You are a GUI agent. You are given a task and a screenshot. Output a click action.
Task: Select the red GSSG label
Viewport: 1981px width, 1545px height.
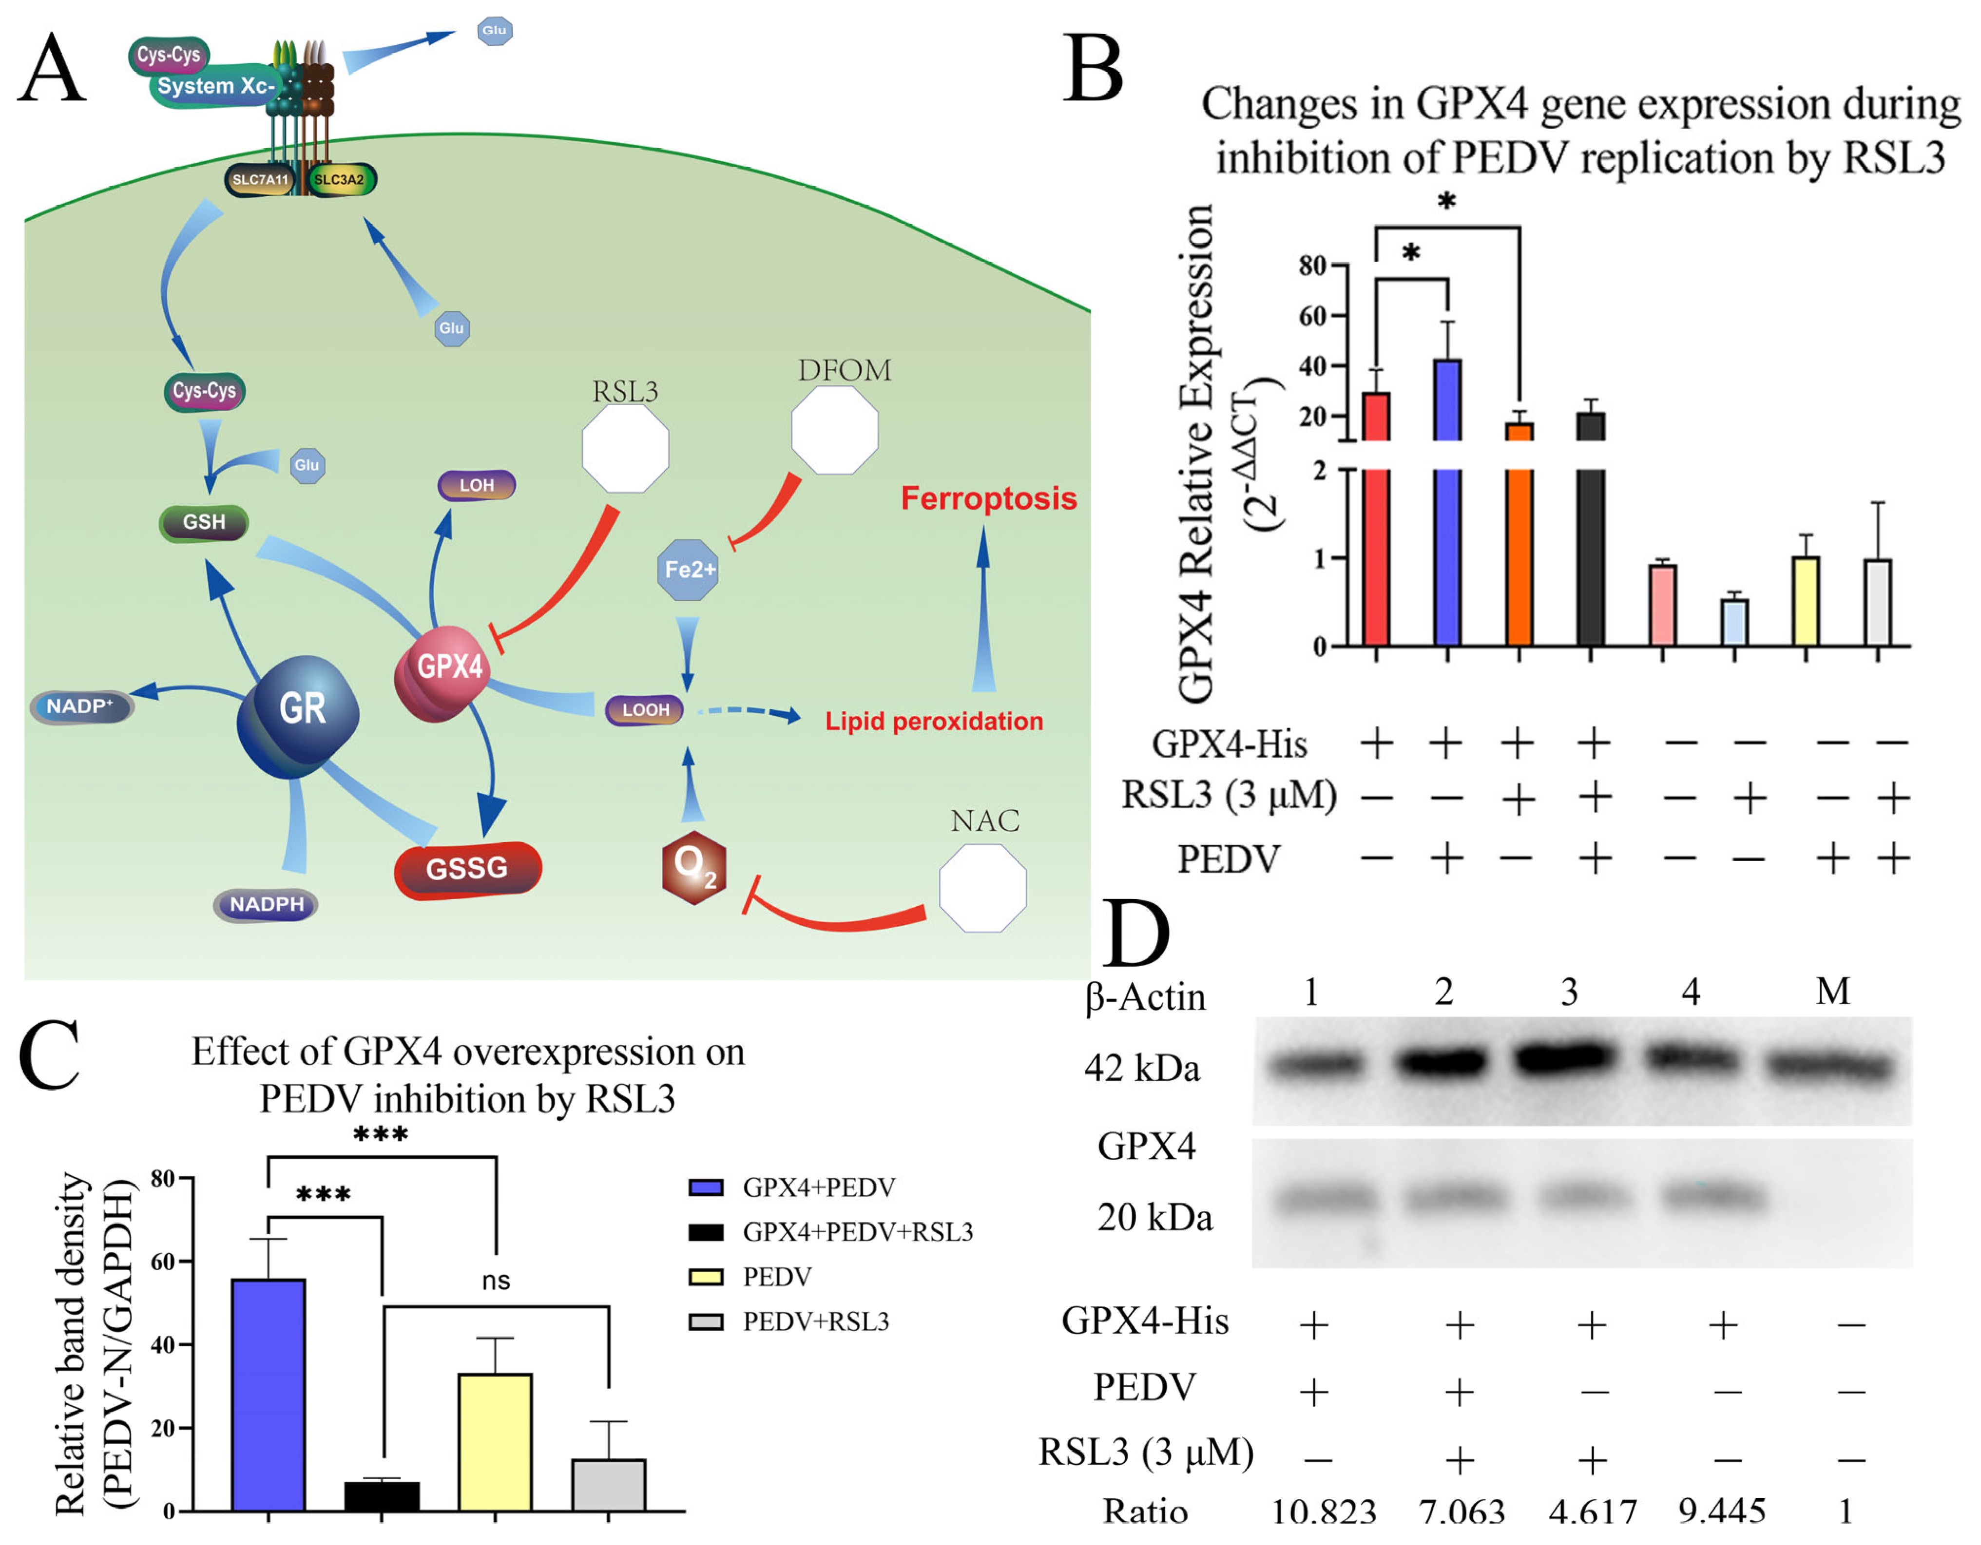[468, 869]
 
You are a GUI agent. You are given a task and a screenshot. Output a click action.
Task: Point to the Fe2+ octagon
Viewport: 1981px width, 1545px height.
[688, 570]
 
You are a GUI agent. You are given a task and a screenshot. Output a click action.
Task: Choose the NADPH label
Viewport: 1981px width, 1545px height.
[266, 904]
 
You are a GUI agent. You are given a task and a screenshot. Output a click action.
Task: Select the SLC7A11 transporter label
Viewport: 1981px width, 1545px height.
[260, 179]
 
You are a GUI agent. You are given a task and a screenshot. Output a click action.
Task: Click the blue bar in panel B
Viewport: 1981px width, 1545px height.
[1447, 499]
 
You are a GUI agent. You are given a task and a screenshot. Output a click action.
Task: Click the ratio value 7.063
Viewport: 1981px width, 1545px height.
[1461, 1511]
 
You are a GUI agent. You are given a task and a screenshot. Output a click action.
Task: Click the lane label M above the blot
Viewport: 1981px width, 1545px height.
[1832, 991]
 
